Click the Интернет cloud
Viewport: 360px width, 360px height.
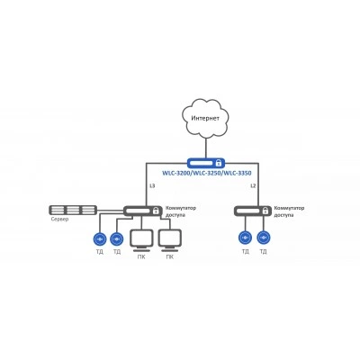[206, 118]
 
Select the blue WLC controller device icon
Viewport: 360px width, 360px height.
[206, 163]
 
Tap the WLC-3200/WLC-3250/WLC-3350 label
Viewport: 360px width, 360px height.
[207, 174]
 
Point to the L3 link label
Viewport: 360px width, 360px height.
[152, 186]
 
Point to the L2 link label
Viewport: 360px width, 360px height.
[253, 186]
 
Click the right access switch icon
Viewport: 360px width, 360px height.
[252, 211]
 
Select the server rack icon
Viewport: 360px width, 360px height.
[73, 210]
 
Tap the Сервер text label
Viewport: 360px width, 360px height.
[59, 219]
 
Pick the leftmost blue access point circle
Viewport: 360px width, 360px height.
[99, 239]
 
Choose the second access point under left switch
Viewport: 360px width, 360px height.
[116, 239]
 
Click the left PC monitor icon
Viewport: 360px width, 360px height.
[142, 240]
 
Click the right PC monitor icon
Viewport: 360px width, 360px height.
[170, 240]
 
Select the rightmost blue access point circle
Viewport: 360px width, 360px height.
[264, 238]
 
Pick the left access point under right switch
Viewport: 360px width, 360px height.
[245, 238]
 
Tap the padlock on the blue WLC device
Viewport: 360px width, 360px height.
[219, 163]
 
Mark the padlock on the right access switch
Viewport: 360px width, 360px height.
[265, 211]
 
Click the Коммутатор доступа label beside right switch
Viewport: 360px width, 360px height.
[289, 211]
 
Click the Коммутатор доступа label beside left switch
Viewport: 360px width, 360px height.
[181, 211]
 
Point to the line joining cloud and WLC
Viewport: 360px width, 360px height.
[206, 148]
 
